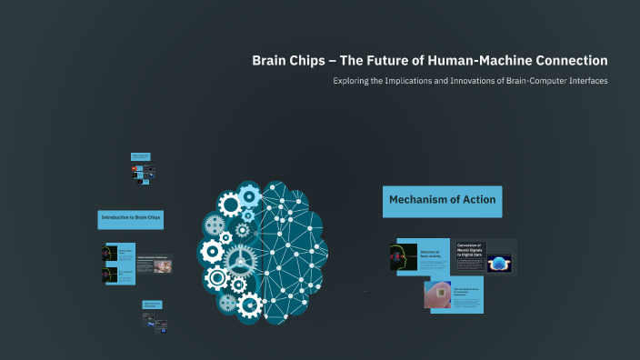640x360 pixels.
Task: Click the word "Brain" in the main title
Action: tap(269, 61)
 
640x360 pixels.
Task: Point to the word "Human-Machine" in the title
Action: tap(474, 61)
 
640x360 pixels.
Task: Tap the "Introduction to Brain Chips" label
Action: tap(131, 218)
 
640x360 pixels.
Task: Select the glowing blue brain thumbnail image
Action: tap(499, 264)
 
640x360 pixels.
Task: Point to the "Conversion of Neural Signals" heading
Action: tap(471, 248)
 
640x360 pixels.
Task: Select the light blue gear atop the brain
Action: tap(247, 192)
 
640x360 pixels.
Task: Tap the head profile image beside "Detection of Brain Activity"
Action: tap(403, 257)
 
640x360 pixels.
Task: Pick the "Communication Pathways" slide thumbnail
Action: tap(154, 264)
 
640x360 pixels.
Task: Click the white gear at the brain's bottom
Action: tap(248, 305)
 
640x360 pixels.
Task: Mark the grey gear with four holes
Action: tap(216, 223)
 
